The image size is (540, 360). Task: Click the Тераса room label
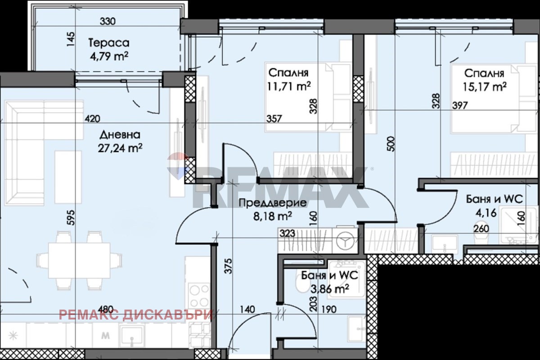[x=109, y=43]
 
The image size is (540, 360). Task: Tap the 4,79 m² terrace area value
[x=109, y=56]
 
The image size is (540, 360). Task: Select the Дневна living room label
[x=120, y=135]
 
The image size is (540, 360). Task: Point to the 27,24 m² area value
[x=120, y=148]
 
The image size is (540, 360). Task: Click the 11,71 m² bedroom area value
[x=289, y=86]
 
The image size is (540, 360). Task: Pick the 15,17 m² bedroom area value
[x=485, y=87]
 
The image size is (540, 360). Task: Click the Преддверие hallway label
[x=273, y=203]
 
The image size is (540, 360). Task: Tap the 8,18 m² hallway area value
[x=273, y=216]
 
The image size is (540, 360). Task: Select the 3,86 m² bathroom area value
[x=330, y=288]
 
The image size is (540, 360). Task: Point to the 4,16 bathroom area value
[x=486, y=213]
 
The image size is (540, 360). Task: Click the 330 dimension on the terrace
[x=108, y=22]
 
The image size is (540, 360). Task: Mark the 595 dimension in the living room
[x=72, y=218]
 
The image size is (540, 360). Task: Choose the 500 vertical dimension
[x=392, y=144]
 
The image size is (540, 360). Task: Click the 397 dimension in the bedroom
[x=460, y=106]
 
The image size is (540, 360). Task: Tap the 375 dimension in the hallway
[x=228, y=266]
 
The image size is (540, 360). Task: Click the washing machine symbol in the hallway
[x=345, y=240]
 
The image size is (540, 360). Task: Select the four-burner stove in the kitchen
[x=199, y=296]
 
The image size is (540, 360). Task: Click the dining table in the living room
[x=79, y=261]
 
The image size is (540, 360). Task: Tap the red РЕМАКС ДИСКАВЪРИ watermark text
[x=136, y=315]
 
